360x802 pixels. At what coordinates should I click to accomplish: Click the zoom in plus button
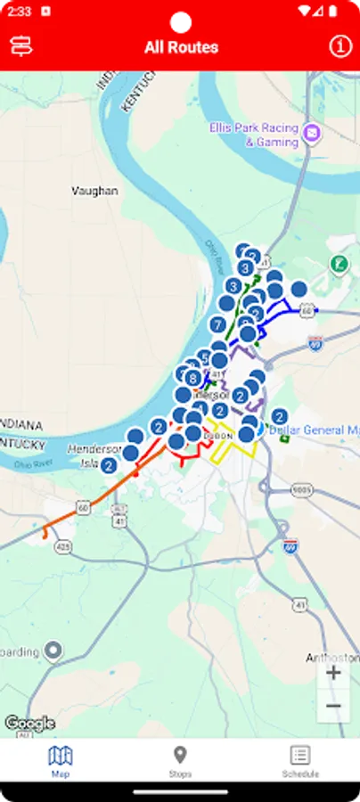point(333,673)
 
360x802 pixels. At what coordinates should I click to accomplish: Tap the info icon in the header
point(340,46)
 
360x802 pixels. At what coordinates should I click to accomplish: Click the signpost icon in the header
point(20,46)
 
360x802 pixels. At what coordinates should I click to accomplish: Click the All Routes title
point(181,47)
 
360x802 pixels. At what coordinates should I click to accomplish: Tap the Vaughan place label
point(94,191)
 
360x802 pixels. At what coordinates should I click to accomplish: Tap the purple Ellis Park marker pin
point(311,134)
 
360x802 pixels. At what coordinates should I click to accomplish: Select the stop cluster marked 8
point(192,378)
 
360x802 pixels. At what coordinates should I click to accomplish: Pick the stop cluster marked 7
point(217,325)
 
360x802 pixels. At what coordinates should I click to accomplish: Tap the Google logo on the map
point(29,723)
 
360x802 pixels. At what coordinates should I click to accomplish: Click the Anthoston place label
point(332,658)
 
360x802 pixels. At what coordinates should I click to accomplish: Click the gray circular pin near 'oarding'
point(53,651)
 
